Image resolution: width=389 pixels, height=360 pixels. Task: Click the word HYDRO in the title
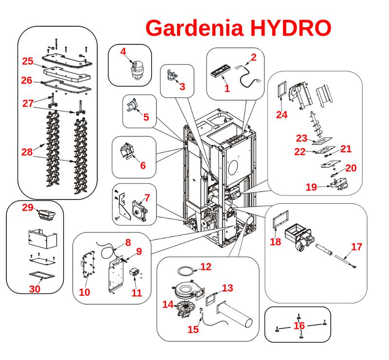[x=291, y=28]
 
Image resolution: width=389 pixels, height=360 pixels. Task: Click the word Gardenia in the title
[x=196, y=28]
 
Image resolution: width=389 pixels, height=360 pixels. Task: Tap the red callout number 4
[x=123, y=51]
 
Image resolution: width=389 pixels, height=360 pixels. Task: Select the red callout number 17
[x=356, y=247]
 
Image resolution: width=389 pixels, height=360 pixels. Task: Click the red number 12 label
[x=206, y=267]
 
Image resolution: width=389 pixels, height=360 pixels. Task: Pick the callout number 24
[x=282, y=115]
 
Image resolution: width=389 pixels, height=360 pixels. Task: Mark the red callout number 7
[x=147, y=198]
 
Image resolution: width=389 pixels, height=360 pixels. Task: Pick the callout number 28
[x=27, y=152]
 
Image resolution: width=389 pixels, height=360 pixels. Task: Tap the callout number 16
[x=299, y=325]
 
